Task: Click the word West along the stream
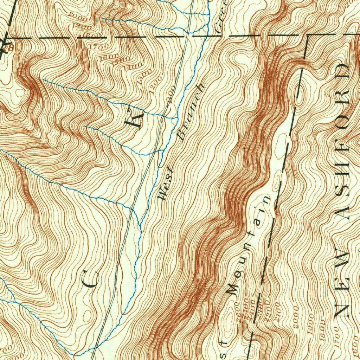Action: coord(166,184)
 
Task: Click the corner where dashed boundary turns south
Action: coord(308,36)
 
